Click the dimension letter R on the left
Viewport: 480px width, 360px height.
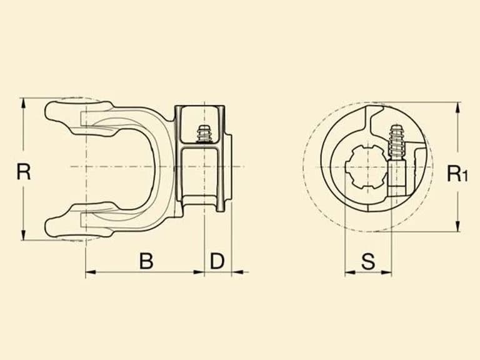point(24,172)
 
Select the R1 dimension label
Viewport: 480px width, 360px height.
point(457,173)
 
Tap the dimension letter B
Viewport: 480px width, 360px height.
point(146,261)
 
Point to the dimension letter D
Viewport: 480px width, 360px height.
point(217,261)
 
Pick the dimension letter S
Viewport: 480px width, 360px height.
point(368,262)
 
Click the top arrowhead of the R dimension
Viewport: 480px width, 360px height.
point(23,103)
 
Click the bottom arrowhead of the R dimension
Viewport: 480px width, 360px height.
point(23,235)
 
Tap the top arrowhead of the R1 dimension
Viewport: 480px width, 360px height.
point(457,107)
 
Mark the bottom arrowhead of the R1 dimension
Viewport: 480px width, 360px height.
point(457,226)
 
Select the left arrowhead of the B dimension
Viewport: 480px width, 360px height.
point(91,272)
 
